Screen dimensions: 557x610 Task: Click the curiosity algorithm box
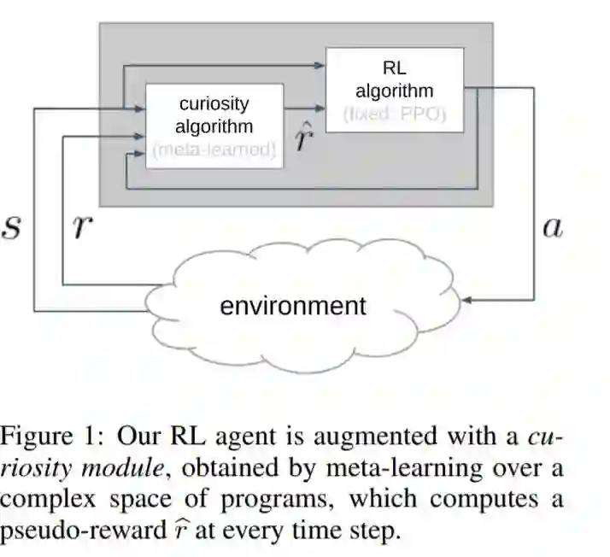point(214,125)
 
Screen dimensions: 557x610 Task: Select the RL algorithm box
point(395,89)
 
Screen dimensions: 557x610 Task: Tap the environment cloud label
point(292,306)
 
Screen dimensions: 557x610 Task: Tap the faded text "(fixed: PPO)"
point(395,114)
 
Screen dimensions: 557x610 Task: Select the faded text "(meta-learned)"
point(214,150)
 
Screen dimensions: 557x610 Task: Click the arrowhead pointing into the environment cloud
point(466,301)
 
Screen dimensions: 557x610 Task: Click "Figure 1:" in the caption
point(51,438)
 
